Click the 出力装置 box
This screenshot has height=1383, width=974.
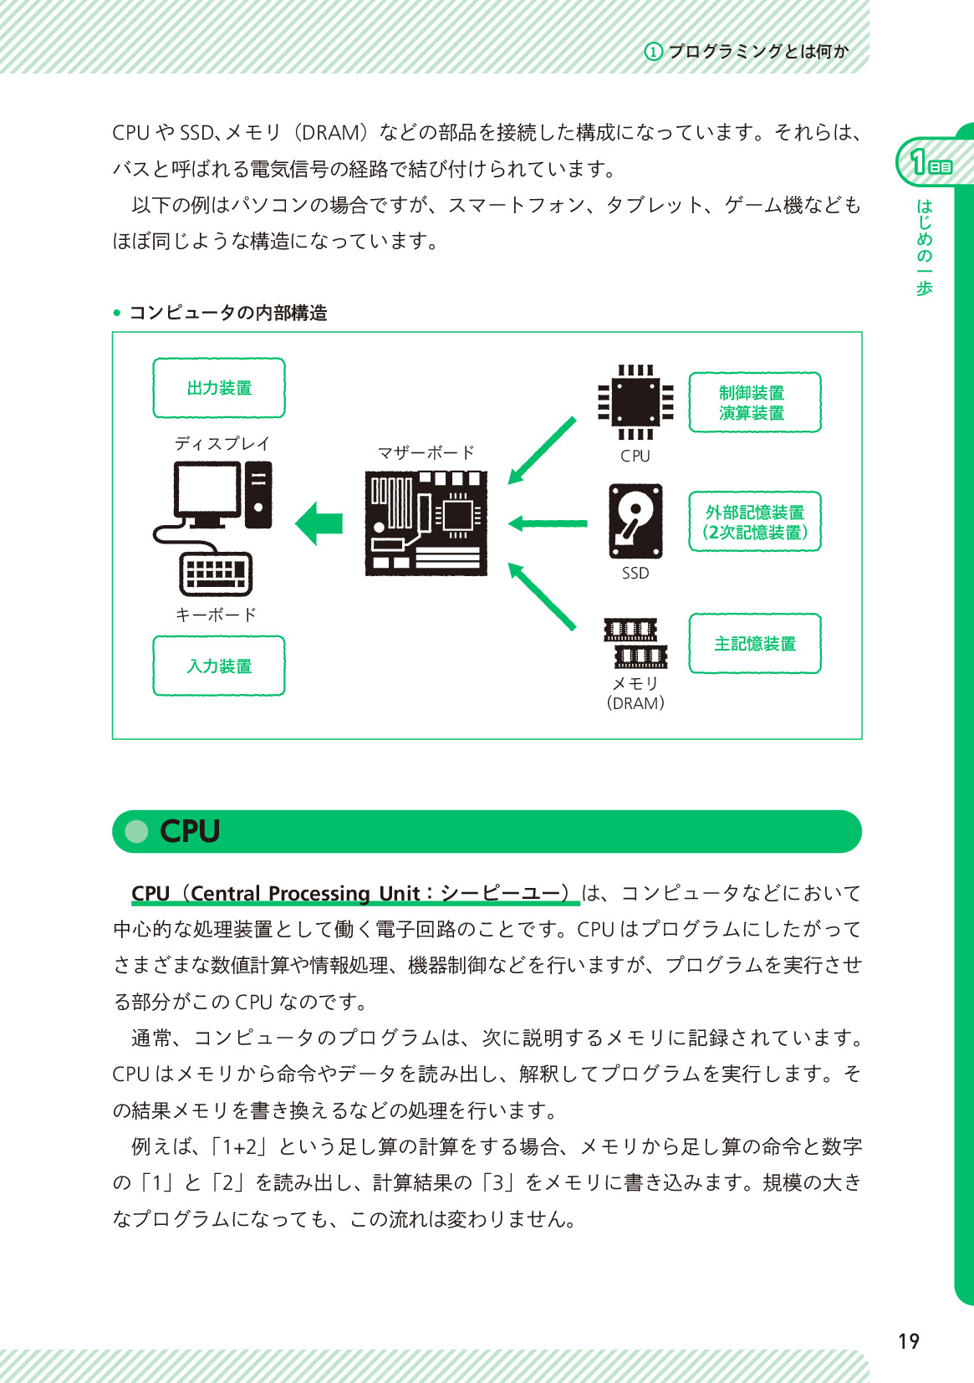(219, 388)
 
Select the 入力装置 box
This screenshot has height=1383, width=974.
(219, 666)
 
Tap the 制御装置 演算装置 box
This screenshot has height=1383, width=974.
(754, 402)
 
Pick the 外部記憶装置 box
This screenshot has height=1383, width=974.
(754, 522)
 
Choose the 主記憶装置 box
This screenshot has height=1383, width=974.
(754, 643)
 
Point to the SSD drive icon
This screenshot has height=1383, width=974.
(635, 520)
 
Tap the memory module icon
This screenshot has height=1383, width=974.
(635, 643)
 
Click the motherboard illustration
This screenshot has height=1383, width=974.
(426, 523)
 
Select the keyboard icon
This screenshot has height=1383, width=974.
(216, 573)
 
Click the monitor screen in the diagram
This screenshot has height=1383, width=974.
(207, 492)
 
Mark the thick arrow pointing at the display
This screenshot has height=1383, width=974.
(320, 523)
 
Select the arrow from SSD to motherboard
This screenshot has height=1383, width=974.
(548, 523)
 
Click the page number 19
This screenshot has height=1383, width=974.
(908, 1342)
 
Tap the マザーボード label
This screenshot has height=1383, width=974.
(426, 452)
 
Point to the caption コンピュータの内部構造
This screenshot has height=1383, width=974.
(227, 313)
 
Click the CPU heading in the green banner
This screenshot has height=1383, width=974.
(190, 831)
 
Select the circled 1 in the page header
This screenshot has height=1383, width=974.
(653, 52)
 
